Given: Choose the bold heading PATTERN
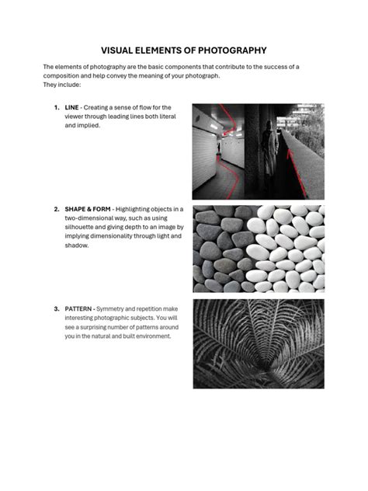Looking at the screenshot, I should click(81, 309).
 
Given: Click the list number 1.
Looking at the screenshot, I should click(56, 107).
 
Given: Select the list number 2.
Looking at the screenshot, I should click(56, 210).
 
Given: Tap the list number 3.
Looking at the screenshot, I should click(56, 309).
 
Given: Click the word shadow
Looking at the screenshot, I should click(77, 245).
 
